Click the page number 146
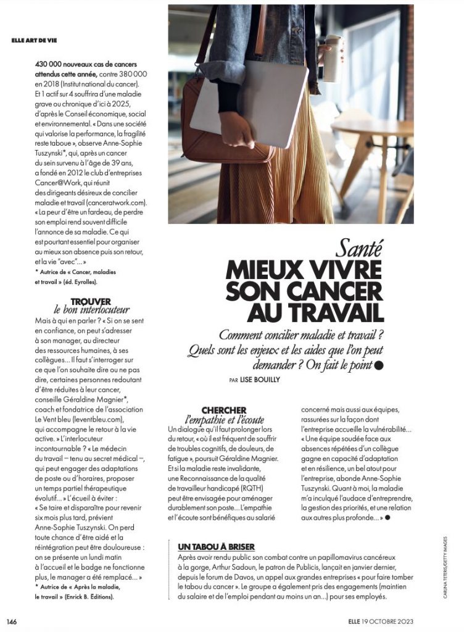tap(11, 620)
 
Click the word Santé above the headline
tap(360, 249)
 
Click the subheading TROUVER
tap(91, 301)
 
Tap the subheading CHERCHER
tap(224, 410)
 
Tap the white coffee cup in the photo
tap(333, 59)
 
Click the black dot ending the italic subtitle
tap(379, 365)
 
